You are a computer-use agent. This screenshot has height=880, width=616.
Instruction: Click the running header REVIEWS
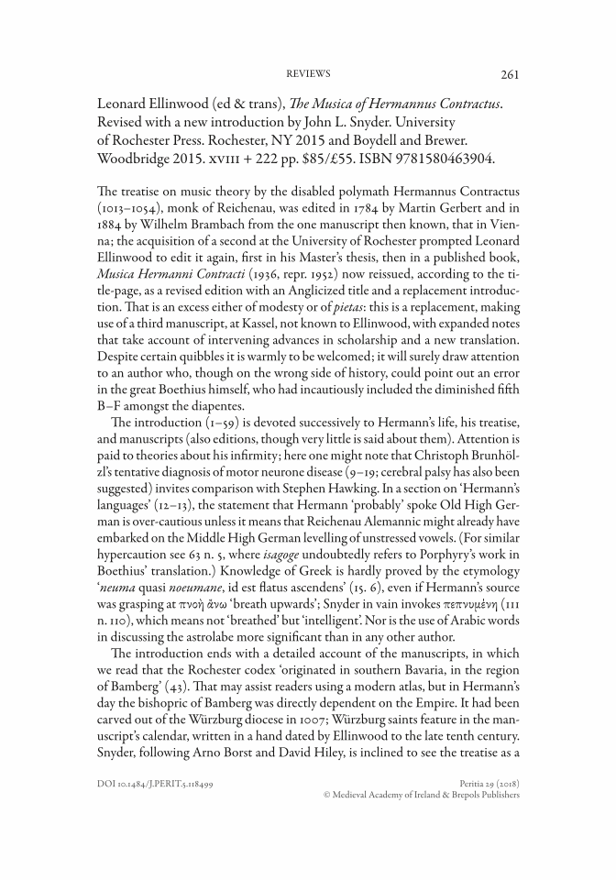point(308,74)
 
